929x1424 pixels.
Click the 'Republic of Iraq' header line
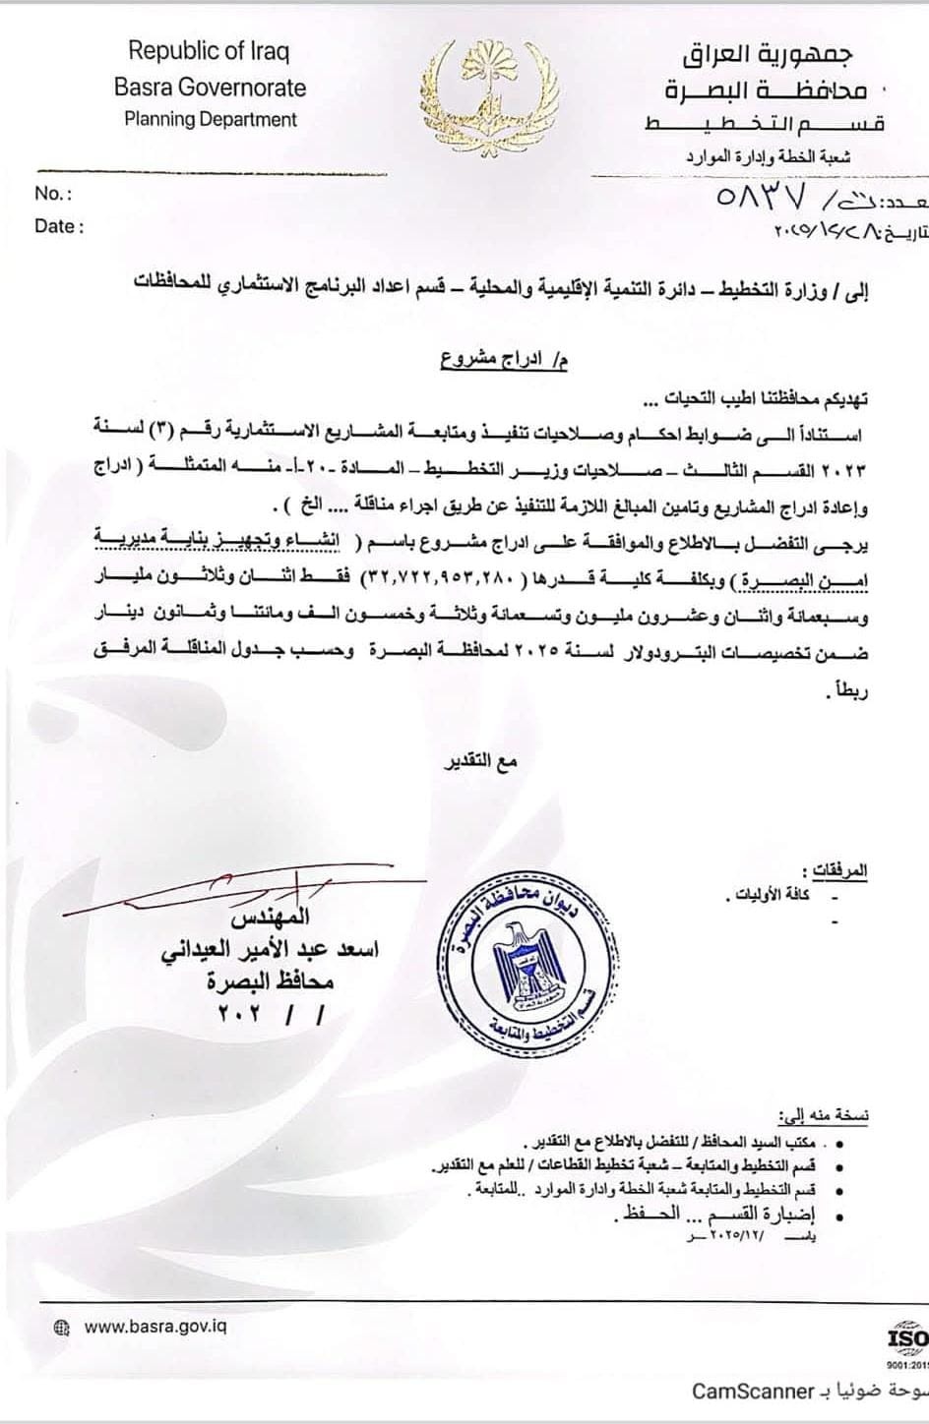209,51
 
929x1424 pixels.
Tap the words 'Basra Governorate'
210,87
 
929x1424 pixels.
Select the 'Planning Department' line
210,120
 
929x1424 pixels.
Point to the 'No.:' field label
53,194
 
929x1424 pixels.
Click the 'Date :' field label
59,226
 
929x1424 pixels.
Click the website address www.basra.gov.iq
156,1327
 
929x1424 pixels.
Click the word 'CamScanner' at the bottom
752,1391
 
